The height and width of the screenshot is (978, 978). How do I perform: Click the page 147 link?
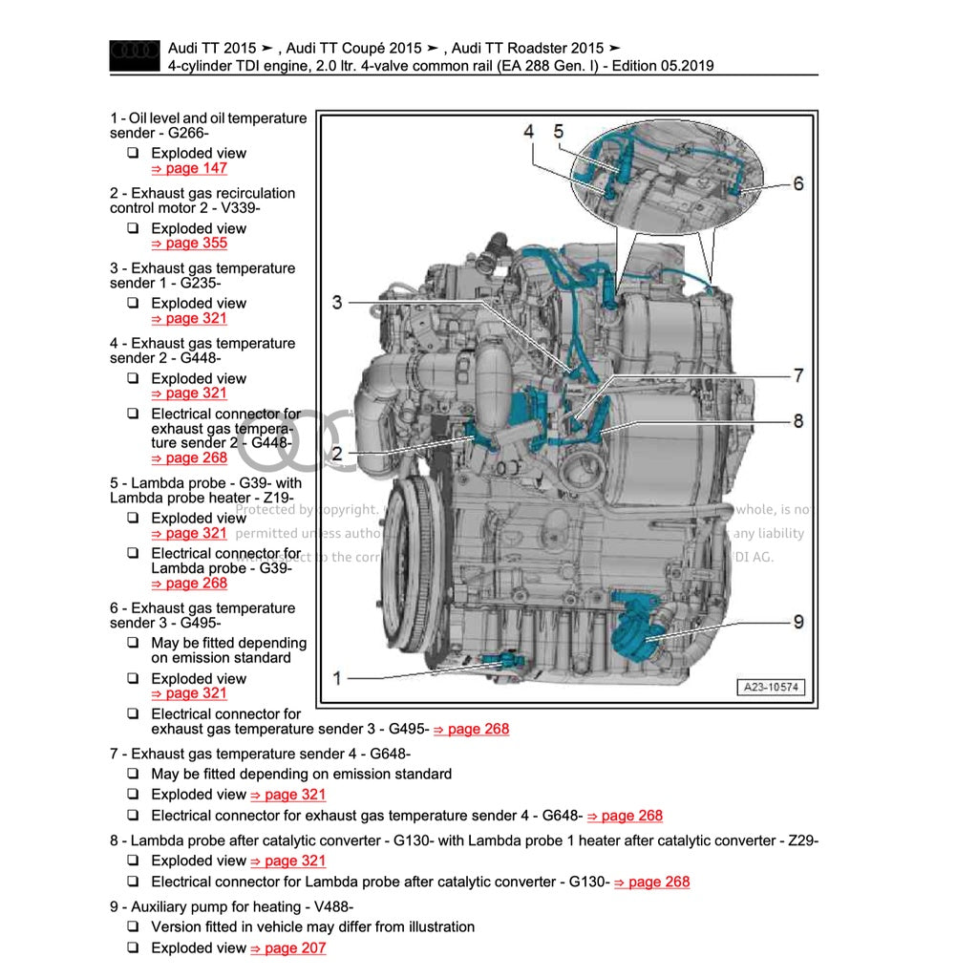point(189,168)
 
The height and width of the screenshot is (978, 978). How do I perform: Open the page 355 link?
point(189,244)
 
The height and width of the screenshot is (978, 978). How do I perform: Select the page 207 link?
point(287,948)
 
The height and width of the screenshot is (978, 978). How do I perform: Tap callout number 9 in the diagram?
point(798,622)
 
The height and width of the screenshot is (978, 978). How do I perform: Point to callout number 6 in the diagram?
point(798,183)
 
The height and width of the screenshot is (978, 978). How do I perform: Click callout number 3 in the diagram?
point(336,303)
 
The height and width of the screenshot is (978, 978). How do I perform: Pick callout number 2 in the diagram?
point(337,454)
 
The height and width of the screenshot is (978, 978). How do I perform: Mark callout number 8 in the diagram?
point(797,421)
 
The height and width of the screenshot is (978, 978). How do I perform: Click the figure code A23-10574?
point(771,687)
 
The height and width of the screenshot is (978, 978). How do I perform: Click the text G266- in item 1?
point(189,134)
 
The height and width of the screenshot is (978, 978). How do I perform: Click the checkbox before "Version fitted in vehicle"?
point(133,927)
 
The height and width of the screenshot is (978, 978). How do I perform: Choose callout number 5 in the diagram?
point(559,131)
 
